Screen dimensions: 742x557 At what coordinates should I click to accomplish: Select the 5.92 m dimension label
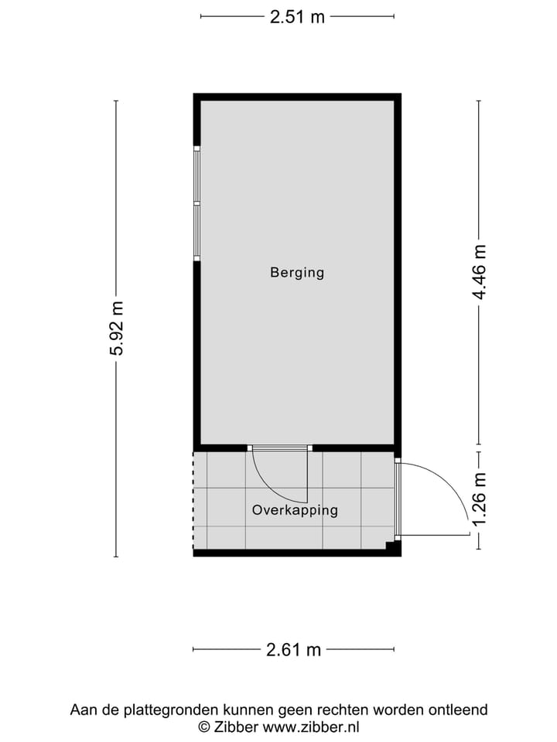117,328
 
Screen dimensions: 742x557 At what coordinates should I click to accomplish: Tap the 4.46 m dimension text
480,272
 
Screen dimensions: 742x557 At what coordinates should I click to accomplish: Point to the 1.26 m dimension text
480,500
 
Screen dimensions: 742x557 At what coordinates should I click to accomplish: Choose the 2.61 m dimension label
293,650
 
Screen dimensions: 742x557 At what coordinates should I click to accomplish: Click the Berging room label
297,272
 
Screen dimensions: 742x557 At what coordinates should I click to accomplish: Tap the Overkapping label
295,510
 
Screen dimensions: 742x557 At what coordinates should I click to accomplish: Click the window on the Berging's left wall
196,203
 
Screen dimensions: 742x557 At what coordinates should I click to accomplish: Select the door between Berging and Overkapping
279,448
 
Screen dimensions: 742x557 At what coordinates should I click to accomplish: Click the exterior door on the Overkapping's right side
398,499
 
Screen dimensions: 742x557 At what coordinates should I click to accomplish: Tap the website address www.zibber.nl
311,727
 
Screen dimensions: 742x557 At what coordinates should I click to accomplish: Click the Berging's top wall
297,97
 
